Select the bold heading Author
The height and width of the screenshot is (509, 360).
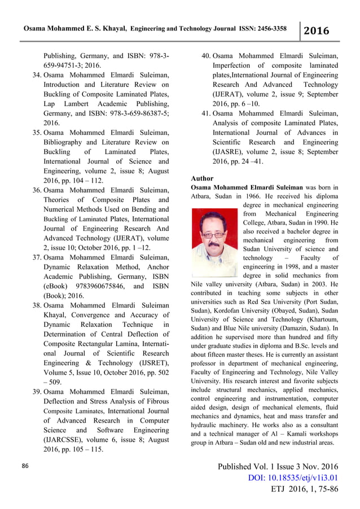click(x=203, y=178)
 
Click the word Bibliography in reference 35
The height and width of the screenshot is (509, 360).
click(x=71, y=142)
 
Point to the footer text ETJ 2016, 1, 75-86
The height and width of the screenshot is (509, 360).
click(x=297, y=489)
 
